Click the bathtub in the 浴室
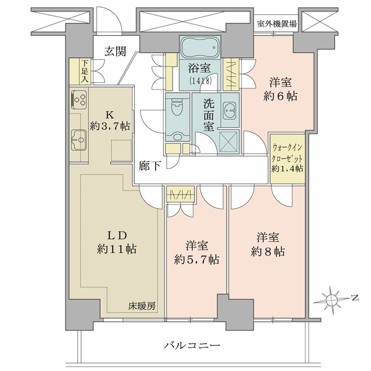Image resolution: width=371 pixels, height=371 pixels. click(x=200, y=48)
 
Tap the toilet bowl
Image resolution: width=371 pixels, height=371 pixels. click(x=177, y=108)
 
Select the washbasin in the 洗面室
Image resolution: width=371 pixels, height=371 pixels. click(x=229, y=111)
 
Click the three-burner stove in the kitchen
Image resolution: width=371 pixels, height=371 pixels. click(x=79, y=100)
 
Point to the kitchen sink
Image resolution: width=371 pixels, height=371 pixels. click(x=79, y=140)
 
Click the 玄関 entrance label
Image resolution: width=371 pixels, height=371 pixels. click(x=116, y=51)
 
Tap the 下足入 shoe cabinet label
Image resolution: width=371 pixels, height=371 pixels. click(x=85, y=71)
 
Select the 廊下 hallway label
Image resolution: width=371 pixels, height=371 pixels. click(x=150, y=166)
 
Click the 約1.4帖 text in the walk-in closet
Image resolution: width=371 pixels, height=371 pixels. click(x=288, y=168)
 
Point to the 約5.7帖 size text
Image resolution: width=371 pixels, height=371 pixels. click(x=197, y=260)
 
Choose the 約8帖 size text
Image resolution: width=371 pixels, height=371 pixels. click(x=268, y=252)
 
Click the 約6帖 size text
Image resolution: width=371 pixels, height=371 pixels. click(x=280, y=96)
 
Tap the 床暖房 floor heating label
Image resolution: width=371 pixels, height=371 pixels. click(x=142, y=306)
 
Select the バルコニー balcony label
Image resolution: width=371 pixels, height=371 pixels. click(x=192, y=346)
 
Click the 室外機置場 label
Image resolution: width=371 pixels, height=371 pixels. click(x=276, y=23)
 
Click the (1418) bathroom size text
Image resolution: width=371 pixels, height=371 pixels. click(x=200, y=81)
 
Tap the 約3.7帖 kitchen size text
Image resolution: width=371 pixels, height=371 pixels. click(x=109, y=126)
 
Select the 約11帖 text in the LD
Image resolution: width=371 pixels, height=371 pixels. click(x=116, y=249)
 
